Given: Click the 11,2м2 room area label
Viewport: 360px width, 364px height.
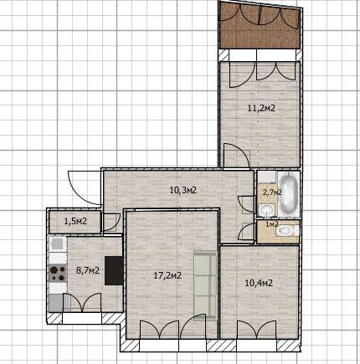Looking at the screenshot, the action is [261, 108].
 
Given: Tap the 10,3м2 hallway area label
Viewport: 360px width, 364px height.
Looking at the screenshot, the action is [183, 190].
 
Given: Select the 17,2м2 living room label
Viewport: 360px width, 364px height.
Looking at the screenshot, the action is [167, 275].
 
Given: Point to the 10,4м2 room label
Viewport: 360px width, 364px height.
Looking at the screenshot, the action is [259, 283].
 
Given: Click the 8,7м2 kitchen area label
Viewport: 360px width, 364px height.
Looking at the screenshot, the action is [88, 270].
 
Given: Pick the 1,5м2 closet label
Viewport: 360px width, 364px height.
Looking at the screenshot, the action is [75, 222].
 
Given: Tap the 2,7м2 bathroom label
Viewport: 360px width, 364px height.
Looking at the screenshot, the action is [272, 192].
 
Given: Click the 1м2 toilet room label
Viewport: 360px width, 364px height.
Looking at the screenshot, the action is [272, 224].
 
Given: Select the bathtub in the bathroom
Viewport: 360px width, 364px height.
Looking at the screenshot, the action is [289, 193].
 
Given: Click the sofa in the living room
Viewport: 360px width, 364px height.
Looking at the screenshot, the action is [206, 285].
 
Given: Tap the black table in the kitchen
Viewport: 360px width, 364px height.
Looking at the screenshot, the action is [114, 270].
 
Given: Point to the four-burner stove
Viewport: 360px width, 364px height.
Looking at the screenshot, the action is [58, 274].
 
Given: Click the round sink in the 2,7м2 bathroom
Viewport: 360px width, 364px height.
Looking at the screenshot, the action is [266, 210].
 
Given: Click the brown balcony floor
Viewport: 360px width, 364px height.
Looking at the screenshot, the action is [260, 27].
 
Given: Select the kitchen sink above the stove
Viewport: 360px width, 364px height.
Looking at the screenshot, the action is [58, 244].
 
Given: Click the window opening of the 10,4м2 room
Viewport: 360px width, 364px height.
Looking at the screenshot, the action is [256, 345].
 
